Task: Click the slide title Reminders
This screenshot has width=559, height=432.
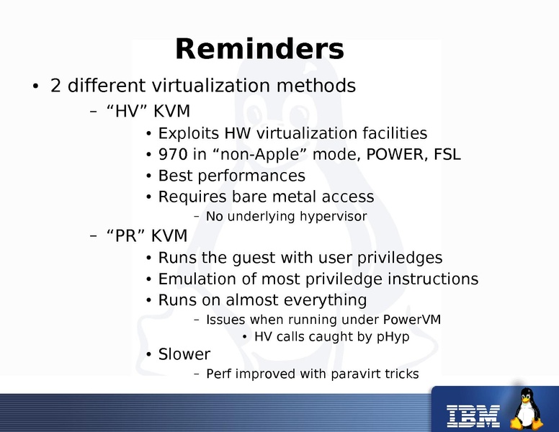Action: (259, 49)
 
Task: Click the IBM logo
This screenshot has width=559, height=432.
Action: (473, 415)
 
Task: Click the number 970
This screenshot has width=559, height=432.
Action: (173, 154)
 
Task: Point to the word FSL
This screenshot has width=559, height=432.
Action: (447, 154)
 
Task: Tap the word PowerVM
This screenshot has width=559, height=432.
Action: (412, 320)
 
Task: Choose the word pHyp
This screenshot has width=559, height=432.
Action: (393, 337)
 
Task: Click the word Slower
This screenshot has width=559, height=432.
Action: (184, 354)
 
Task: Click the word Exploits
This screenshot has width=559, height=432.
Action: (189, 134)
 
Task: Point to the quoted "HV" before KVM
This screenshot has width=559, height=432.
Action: (128, 111)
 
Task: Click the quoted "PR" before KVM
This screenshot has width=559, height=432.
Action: (126, 236)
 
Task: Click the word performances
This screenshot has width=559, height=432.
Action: (251, 176)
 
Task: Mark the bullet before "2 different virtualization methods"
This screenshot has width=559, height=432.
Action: (35, 86)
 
